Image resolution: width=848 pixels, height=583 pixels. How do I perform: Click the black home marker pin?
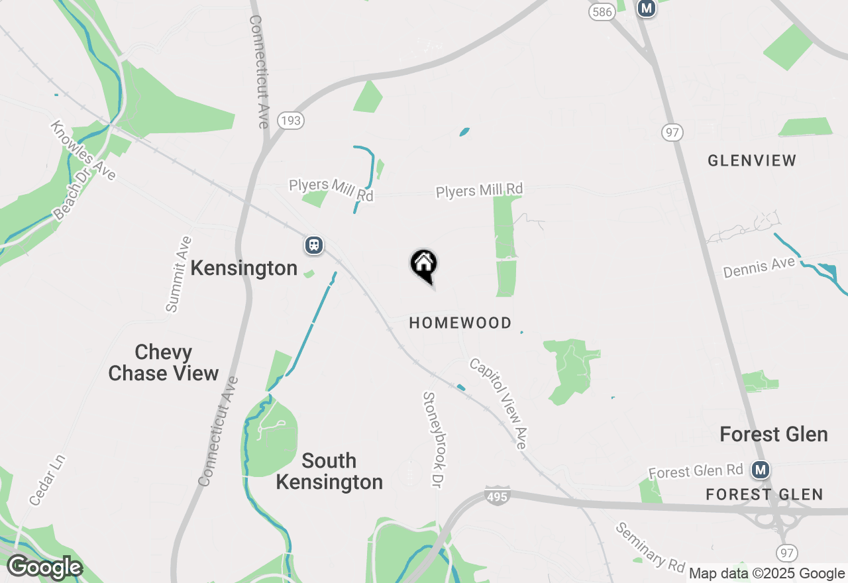pyautogui.click(x=424, y=265)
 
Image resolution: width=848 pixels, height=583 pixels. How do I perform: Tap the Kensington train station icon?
pyautogui.click(x=314, y=245)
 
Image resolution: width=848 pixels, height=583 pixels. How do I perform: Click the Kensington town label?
pyautogui.click(x=244, y=268)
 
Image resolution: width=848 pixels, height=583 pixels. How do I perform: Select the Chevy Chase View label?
pyautogui.click(x=163, y=362)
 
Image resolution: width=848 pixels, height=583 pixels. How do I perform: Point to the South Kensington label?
pyautogui.click(x=329, y=471)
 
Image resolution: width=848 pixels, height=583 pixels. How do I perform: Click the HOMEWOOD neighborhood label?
pyautogui.click(x=460, y=323)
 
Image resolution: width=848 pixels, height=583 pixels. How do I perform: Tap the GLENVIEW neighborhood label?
pyautogui.click(x=752, y=161)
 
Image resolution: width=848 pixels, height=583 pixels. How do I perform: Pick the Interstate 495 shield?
pyautogui.click(x=498, y=496)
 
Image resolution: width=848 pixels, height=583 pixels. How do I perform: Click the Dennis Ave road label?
pyautogui.click(x=759, y=268)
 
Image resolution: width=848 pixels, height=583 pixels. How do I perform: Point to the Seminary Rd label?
pyautogui.click(x=650, y=548)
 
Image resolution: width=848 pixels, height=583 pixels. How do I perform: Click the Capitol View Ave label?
pyautogui.click(x=498, y=403)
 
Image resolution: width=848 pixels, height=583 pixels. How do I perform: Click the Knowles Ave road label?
pyautogui.click(x=83, y=150)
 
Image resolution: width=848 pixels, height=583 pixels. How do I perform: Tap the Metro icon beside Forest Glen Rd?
pyautogui.click(x=761, y=470)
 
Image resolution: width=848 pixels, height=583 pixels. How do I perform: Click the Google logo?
pyautogui.click(x=44, y=568)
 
